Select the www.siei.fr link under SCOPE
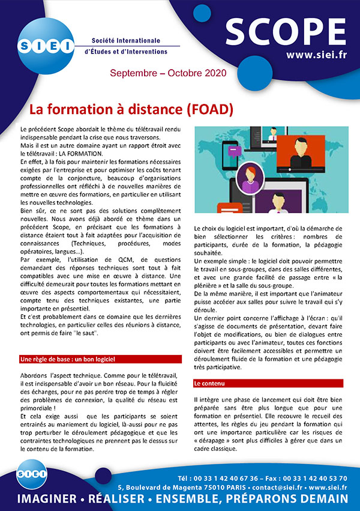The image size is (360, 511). click(x=316, y=55)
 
